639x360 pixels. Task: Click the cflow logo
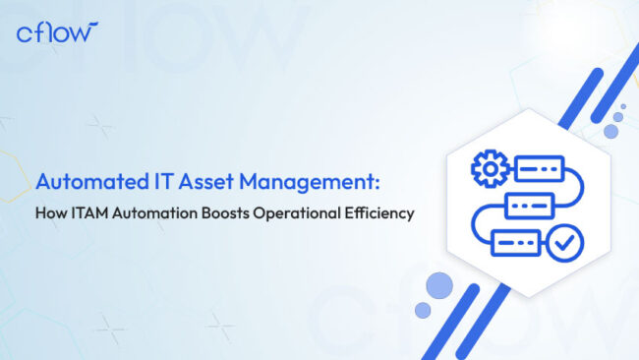point(57,32)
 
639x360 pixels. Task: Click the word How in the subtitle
point(51,210)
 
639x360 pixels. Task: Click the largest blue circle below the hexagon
point(439,285)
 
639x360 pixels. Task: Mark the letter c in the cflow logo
point(26,34)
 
